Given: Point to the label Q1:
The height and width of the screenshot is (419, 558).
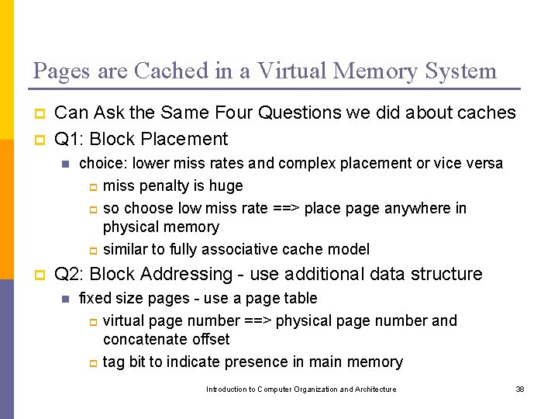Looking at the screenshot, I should (69, 140).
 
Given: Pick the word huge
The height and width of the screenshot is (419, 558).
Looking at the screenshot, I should (226, 186).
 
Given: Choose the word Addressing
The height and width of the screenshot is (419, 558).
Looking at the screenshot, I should (190, 275).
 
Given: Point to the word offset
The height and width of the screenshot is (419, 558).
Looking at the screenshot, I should (211, 340).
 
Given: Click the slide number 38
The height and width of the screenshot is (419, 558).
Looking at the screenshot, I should (520, 390).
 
